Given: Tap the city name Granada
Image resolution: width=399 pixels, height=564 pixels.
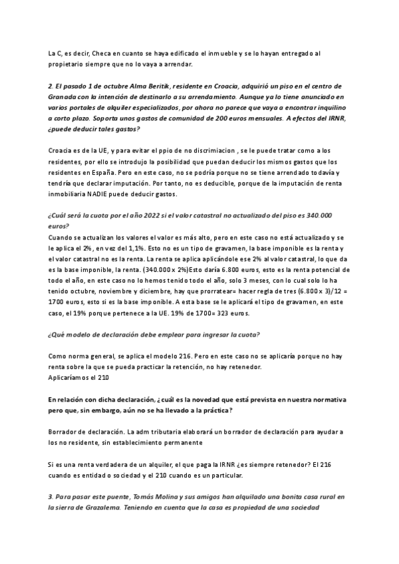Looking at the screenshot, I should tap(65, 97).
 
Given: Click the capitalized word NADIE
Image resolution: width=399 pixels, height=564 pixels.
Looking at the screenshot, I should tap(116, 194).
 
